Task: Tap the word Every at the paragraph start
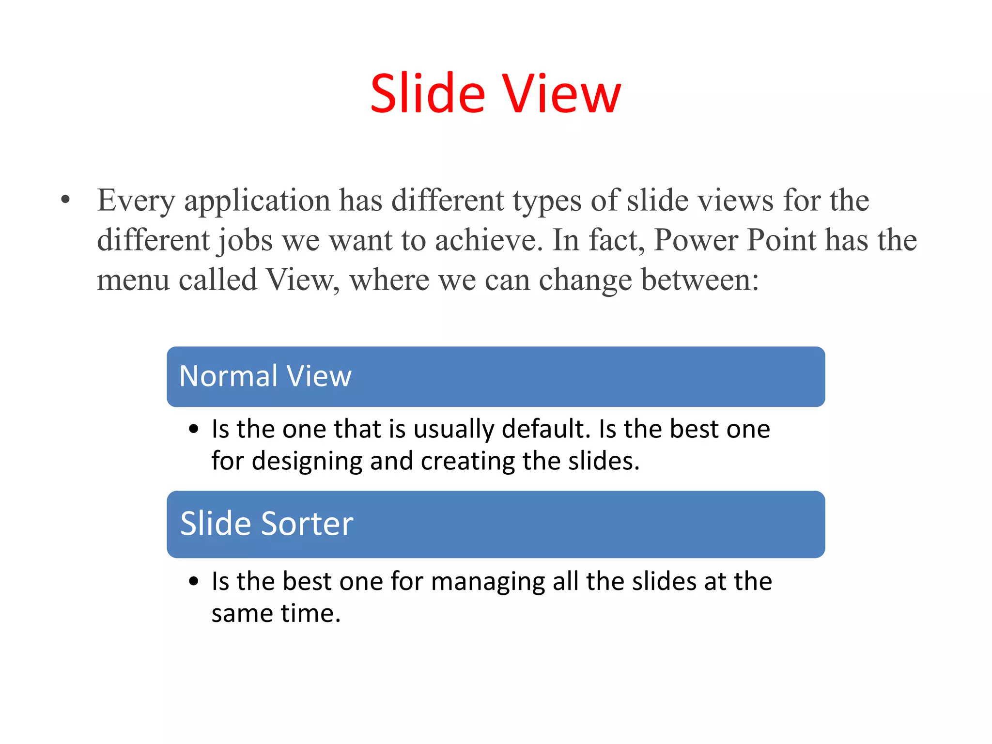(136, 201)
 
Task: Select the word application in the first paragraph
(257, 201)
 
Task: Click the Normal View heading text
(265, 376)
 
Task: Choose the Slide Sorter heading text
(266, 524)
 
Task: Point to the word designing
(307, 462)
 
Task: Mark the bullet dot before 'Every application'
(66, 200)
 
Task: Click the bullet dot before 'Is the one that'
(194, 429)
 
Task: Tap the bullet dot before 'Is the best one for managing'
(194, 581)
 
